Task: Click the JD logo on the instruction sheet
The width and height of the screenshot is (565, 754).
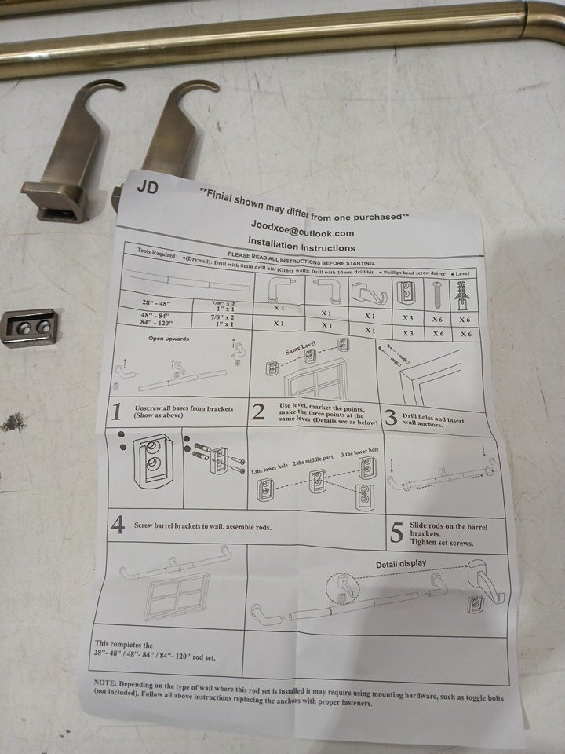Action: (x=147, y=188)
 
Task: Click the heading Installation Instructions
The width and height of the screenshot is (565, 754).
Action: (x=296, y=246)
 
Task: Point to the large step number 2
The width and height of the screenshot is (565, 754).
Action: (x=257, y=413)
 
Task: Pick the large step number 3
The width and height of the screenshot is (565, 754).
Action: (x=389, y=416)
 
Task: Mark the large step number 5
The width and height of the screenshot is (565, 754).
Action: (x=397, y=533)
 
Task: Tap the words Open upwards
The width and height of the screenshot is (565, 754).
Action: (x=169, y=339)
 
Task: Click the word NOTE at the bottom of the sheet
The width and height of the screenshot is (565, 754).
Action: (x=106, y=684)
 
